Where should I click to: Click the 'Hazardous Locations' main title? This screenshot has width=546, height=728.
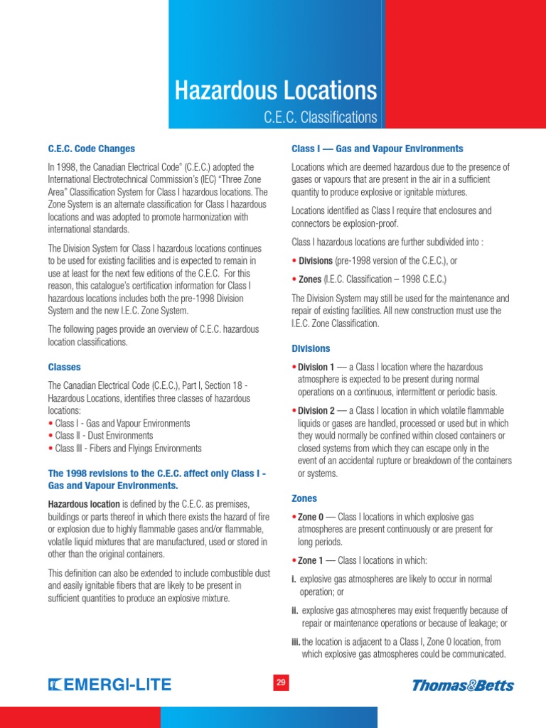click(276, 90)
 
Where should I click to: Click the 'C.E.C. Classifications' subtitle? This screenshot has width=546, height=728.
click(320, 117)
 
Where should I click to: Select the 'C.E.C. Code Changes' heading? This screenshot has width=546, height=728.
click(91, 149)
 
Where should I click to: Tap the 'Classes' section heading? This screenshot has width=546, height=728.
click(64, 368)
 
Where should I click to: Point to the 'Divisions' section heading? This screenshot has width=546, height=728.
click(311, 349)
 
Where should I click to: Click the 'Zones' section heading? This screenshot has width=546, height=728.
click(304, 499)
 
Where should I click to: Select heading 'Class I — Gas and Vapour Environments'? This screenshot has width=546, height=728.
click(378, 149)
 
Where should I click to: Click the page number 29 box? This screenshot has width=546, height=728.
click(281, 683)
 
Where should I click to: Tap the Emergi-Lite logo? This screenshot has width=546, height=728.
click(109, 685)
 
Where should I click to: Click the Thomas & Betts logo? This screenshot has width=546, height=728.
click(463, 685)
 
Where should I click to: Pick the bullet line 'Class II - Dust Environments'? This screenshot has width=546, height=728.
click(103, 436)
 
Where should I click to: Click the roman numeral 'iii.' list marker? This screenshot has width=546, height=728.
click(296, 642)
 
